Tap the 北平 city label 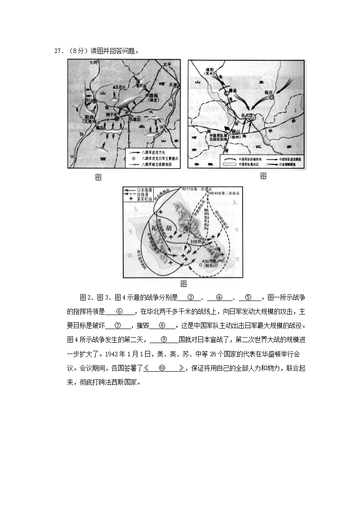coord(168,64)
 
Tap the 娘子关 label coord(112,114)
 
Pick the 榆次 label coord(92,127)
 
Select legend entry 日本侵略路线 coord(286,165)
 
